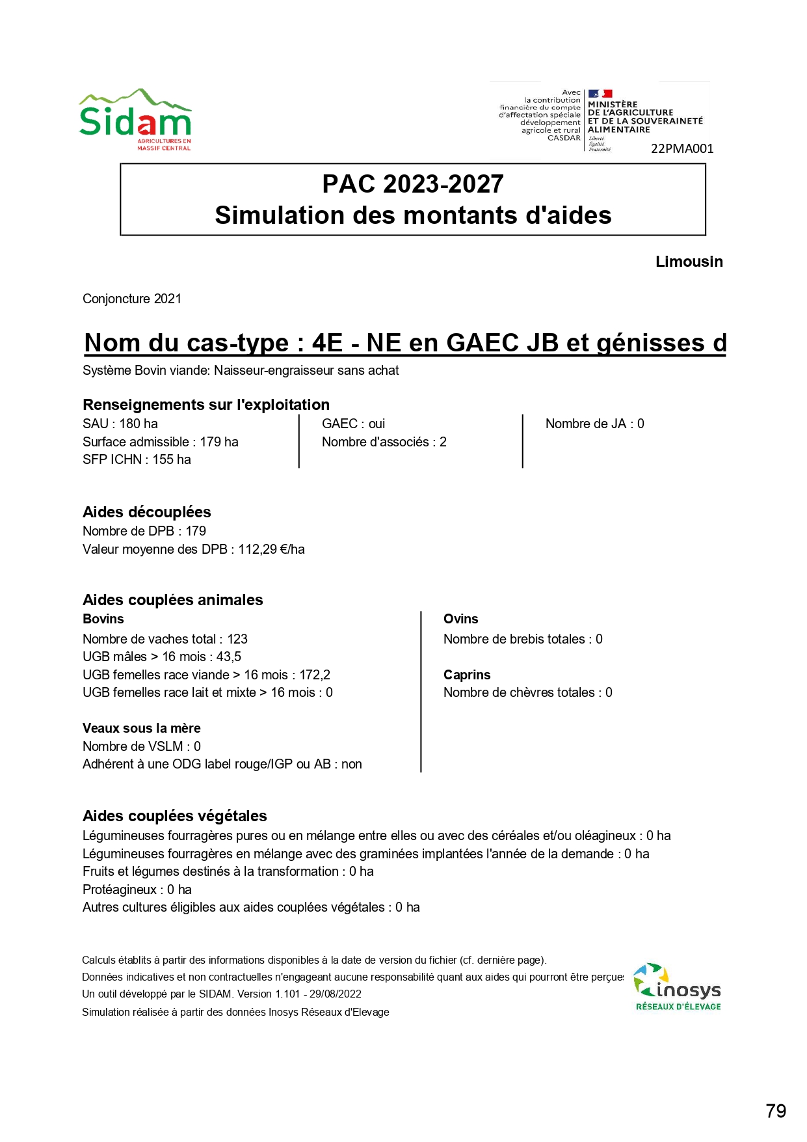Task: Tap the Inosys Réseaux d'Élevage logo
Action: (678, 987)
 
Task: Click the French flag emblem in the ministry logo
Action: (600, 94)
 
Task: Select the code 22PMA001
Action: (682, 149)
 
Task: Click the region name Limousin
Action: (689, 262)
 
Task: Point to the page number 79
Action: (776, 1111)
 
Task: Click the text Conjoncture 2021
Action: (132, 299)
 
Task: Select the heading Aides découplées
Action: (147, 512)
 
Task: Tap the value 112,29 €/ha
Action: (271, 549)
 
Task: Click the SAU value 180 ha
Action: (139, 424)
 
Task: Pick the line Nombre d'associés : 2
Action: (384, 442)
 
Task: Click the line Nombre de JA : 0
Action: (594, 424)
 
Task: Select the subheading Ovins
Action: (460, 619)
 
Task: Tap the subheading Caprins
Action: (467, 675)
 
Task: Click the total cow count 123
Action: (237, 639)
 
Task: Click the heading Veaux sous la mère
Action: (142, 728)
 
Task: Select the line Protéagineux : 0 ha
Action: (137, 890)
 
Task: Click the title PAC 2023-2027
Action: (413, 184)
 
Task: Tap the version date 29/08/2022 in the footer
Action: (335, 994)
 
